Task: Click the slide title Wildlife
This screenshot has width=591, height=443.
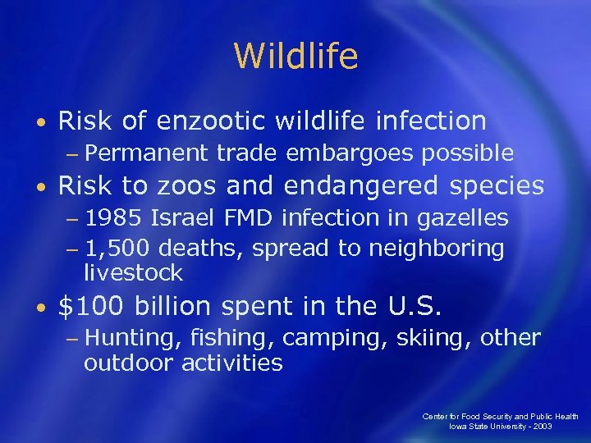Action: tap(295, 57)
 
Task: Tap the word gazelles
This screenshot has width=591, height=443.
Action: tap(463, 218)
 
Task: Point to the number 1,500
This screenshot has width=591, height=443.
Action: tap(119, 248)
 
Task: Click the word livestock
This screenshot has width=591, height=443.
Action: tap(133, 272)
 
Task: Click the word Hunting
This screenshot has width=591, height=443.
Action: tap(134, 338)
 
